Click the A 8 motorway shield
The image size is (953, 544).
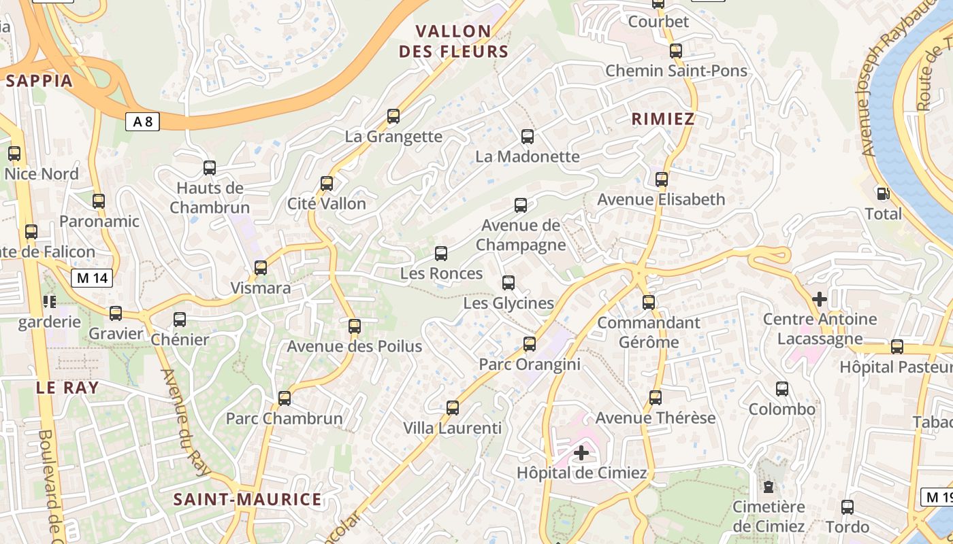(x=142, y=122)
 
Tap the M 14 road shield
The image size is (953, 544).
(x=92, y=277)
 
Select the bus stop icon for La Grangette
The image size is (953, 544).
(x=393, y=116)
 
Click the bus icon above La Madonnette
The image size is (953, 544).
(x=528, y=137)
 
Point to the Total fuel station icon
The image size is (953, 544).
(x=883, y=194)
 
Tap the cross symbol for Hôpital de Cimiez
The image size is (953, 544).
(x=581, y=452)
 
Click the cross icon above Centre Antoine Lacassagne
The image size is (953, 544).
(x=820, y=299)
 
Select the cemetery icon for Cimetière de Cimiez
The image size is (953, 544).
(x=769, y=487)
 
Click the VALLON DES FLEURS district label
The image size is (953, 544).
(x=453, y=41)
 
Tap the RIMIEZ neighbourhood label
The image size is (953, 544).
(x=663, y=119)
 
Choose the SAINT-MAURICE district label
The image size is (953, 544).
(x=247, y=500)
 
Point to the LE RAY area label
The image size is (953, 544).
(x=67, y=388)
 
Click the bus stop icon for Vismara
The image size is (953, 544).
(x=261, y=268)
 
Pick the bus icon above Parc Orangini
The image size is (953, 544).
(x=530, y=344)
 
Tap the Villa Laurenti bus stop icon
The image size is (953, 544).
(x=453, y=408)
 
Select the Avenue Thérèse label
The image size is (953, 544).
(x=656, y=418)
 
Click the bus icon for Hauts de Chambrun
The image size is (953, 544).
(x=210, y=168)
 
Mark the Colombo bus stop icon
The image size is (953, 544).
(x=782, y=389)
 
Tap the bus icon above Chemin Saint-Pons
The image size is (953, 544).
(x=676, y=51)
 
